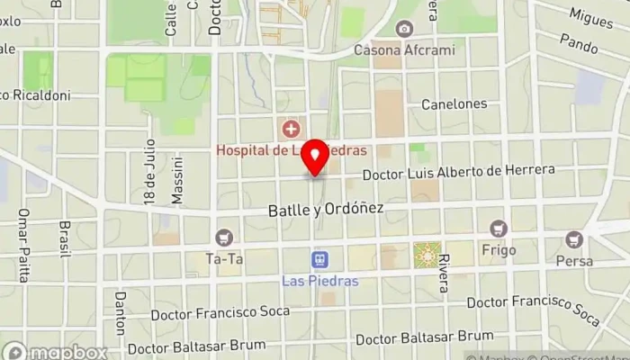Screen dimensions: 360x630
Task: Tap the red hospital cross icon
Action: (290, 130)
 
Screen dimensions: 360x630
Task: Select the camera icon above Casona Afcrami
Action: (404, 30)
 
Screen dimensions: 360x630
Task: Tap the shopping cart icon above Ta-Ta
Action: (223, 238)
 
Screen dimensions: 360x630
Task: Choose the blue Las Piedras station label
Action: (319, 281)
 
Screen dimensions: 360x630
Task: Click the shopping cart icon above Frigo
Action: (499, 229)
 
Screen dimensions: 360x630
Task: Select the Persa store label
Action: (574, 260)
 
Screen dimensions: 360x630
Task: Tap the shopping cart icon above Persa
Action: (574, 240)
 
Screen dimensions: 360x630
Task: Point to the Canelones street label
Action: (454, 103)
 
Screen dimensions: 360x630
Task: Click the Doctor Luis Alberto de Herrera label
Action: (459, 171)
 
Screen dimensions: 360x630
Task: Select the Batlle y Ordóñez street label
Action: (326, 209)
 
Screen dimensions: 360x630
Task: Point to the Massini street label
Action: (178, 180)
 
